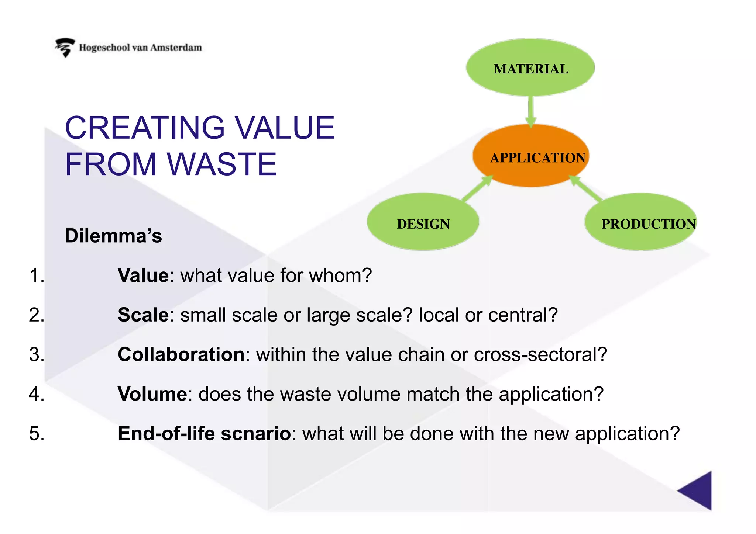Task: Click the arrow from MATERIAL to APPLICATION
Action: click(x=531, y=111)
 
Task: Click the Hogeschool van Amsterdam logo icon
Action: click(x=65, y=47)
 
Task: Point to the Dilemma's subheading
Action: click(x=113, y=236)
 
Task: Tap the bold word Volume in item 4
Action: click(x=152, y=394)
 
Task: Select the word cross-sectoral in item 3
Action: click(x=540, y=355)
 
